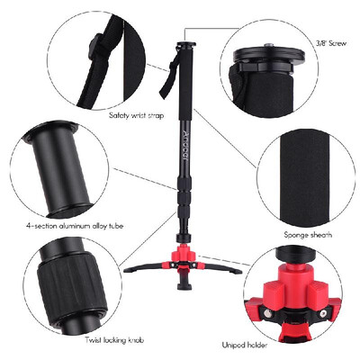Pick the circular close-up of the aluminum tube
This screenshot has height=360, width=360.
click(64, 166)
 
